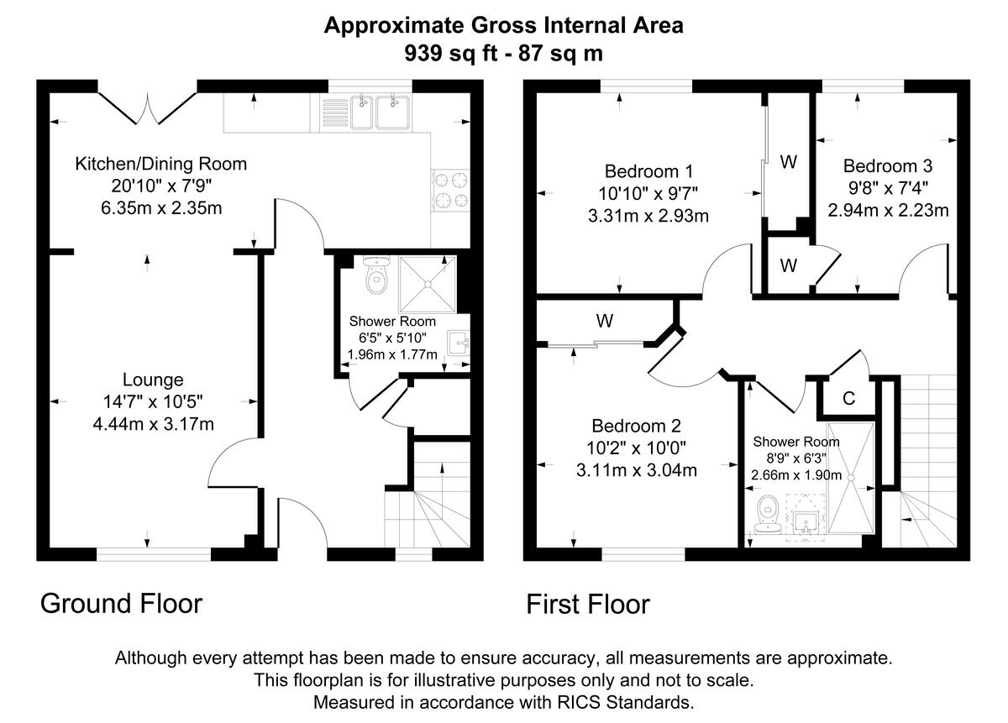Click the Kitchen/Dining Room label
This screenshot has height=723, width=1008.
(161, 164)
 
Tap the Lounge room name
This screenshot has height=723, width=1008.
(153, 380)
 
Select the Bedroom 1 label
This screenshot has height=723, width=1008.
(648, 171)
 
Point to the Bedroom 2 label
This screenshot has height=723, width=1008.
(637, 426)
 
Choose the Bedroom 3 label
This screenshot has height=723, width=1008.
(888, 166)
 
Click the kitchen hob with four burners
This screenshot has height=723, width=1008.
(450, 190)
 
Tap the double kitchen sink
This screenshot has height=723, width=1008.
(381, 113)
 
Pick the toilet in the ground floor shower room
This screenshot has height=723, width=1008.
(376, 275)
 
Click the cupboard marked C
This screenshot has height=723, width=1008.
(848, 398)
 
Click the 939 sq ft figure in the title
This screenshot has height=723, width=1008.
(450, 54)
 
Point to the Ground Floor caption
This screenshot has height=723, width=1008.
(121, 603)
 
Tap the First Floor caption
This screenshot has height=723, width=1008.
(588, 604)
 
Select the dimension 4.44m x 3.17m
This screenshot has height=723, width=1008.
(153, 424)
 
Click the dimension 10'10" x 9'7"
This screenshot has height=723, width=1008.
(648, 193)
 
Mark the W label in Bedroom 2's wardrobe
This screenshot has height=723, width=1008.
(604, 321)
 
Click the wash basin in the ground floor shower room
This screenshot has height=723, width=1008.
(459, 343)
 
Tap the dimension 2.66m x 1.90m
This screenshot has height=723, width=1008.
(796, 475)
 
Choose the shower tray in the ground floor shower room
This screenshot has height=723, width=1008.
(428, 285)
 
